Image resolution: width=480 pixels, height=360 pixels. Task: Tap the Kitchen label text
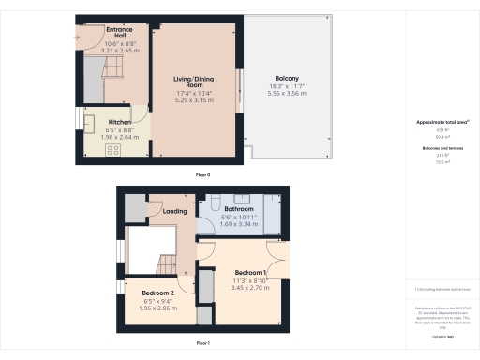coord(119,122)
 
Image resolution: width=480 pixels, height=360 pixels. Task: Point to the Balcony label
coord(287,78)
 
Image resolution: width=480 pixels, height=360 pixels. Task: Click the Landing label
coord(174,211)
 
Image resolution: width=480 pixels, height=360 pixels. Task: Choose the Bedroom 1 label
coord(249,272)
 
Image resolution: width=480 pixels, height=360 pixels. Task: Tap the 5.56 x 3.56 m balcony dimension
coord(287,94)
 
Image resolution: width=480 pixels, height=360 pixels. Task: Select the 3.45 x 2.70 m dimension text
coord(249,288)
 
